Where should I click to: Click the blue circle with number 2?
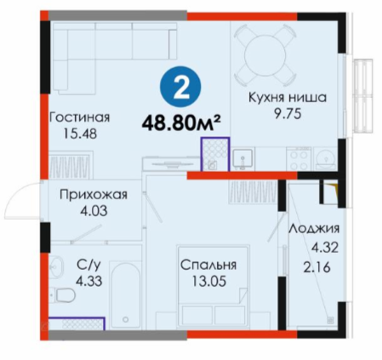pyautogui.click(x=180, y=87)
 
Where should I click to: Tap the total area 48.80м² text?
pyautogui.click(x=181, y=123)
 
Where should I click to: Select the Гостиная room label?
pyautogui.click(x=80, y=117)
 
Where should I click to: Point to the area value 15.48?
pyautogui.click(x=80, y=134)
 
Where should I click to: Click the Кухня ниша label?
pyautogui.click(x=288, y=97)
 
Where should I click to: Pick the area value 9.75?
pyautogui.click(x=288, y=114)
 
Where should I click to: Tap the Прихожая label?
pyautogui.click(x=94, y=195)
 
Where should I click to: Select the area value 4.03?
pyautogui.click(x=94, y=211)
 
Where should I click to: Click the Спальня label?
pyautogui.click(x=208, y=266)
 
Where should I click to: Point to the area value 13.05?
pyautogui.click(x=209, y=282)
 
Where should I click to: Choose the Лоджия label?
pyautogui.click(x=314, y=228)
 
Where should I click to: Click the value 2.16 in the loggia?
pyautogui.click(x=316, y=267)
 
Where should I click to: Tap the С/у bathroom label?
pyautogui.click(x=88, y=265)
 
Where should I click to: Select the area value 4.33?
pyautogui.click(x=88, y=282)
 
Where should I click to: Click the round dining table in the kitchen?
pyautogui.click(x=265, y=55)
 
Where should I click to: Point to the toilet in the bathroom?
pyautogui.click(x=63, y=295)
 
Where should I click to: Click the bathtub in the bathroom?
pyautogui.click(x=125, y=295)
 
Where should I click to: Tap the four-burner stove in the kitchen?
pyautogui.click(x=299, y=159)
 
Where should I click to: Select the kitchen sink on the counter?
pyautogui.click(x=242, y=159)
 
